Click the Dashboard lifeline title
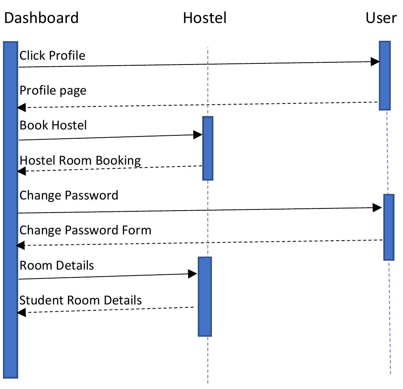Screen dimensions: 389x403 click(41, 18)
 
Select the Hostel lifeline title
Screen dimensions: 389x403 click(204, 18)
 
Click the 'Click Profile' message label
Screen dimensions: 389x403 click(52, 56)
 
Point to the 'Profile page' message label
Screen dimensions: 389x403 click(53, 90)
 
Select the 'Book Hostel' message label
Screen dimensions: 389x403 click(53, 125)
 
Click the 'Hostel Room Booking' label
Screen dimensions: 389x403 click(80, 161)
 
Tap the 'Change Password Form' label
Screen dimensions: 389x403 click(85, 230)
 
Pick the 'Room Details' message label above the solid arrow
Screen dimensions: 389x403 click(57, 266)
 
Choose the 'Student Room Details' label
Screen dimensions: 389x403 click(81, 300)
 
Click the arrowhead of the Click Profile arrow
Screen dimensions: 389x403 click(375, 62)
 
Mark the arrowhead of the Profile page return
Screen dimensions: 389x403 click(21, 108)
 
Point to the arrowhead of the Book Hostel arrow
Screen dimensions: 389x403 click(198, 135)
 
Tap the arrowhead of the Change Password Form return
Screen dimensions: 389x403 click(20, 245)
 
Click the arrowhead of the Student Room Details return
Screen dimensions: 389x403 click(21, 313)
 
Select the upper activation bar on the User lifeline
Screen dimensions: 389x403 click(384, 76)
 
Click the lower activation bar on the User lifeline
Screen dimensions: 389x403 click(389, 227)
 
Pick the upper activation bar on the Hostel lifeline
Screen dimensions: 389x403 click(208, 148)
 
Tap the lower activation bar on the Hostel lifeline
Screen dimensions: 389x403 click(204, 297)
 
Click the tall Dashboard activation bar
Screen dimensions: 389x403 click(11, 210)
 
